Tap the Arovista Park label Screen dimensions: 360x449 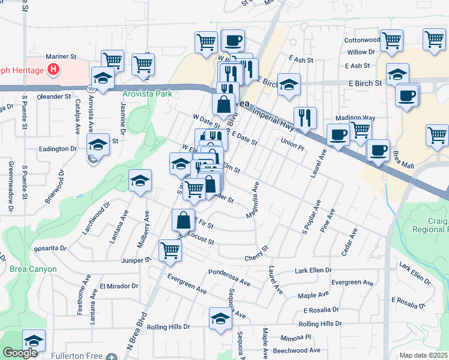(x=146, y=94)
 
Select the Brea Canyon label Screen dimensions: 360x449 (x=33, y=269)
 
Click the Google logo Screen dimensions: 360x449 (x=20, y=353)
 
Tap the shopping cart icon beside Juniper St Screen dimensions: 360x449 (x=170, y=250)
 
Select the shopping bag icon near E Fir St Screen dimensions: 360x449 (x=183, y=220)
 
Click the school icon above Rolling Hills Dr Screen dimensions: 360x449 (x=220, y=319)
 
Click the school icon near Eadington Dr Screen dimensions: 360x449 (x=98, y=144)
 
